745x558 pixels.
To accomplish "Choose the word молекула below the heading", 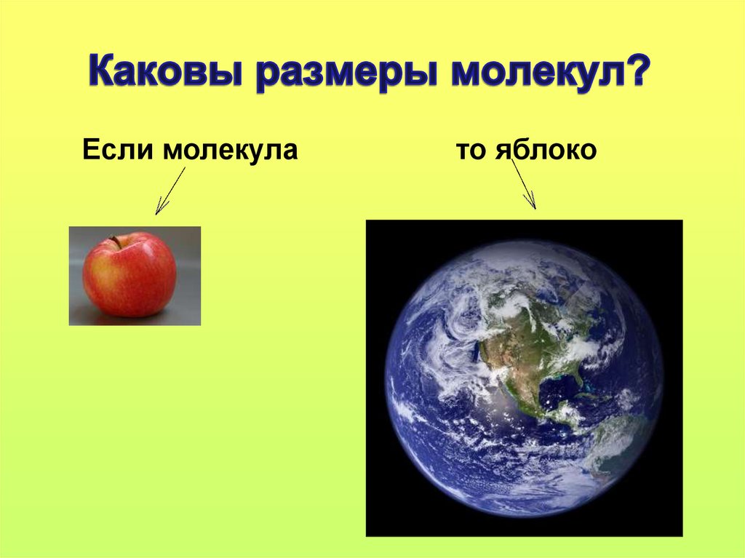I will (231, 151).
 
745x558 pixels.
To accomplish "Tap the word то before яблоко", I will (474, 151).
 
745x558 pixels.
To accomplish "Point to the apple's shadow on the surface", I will (131, 317).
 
